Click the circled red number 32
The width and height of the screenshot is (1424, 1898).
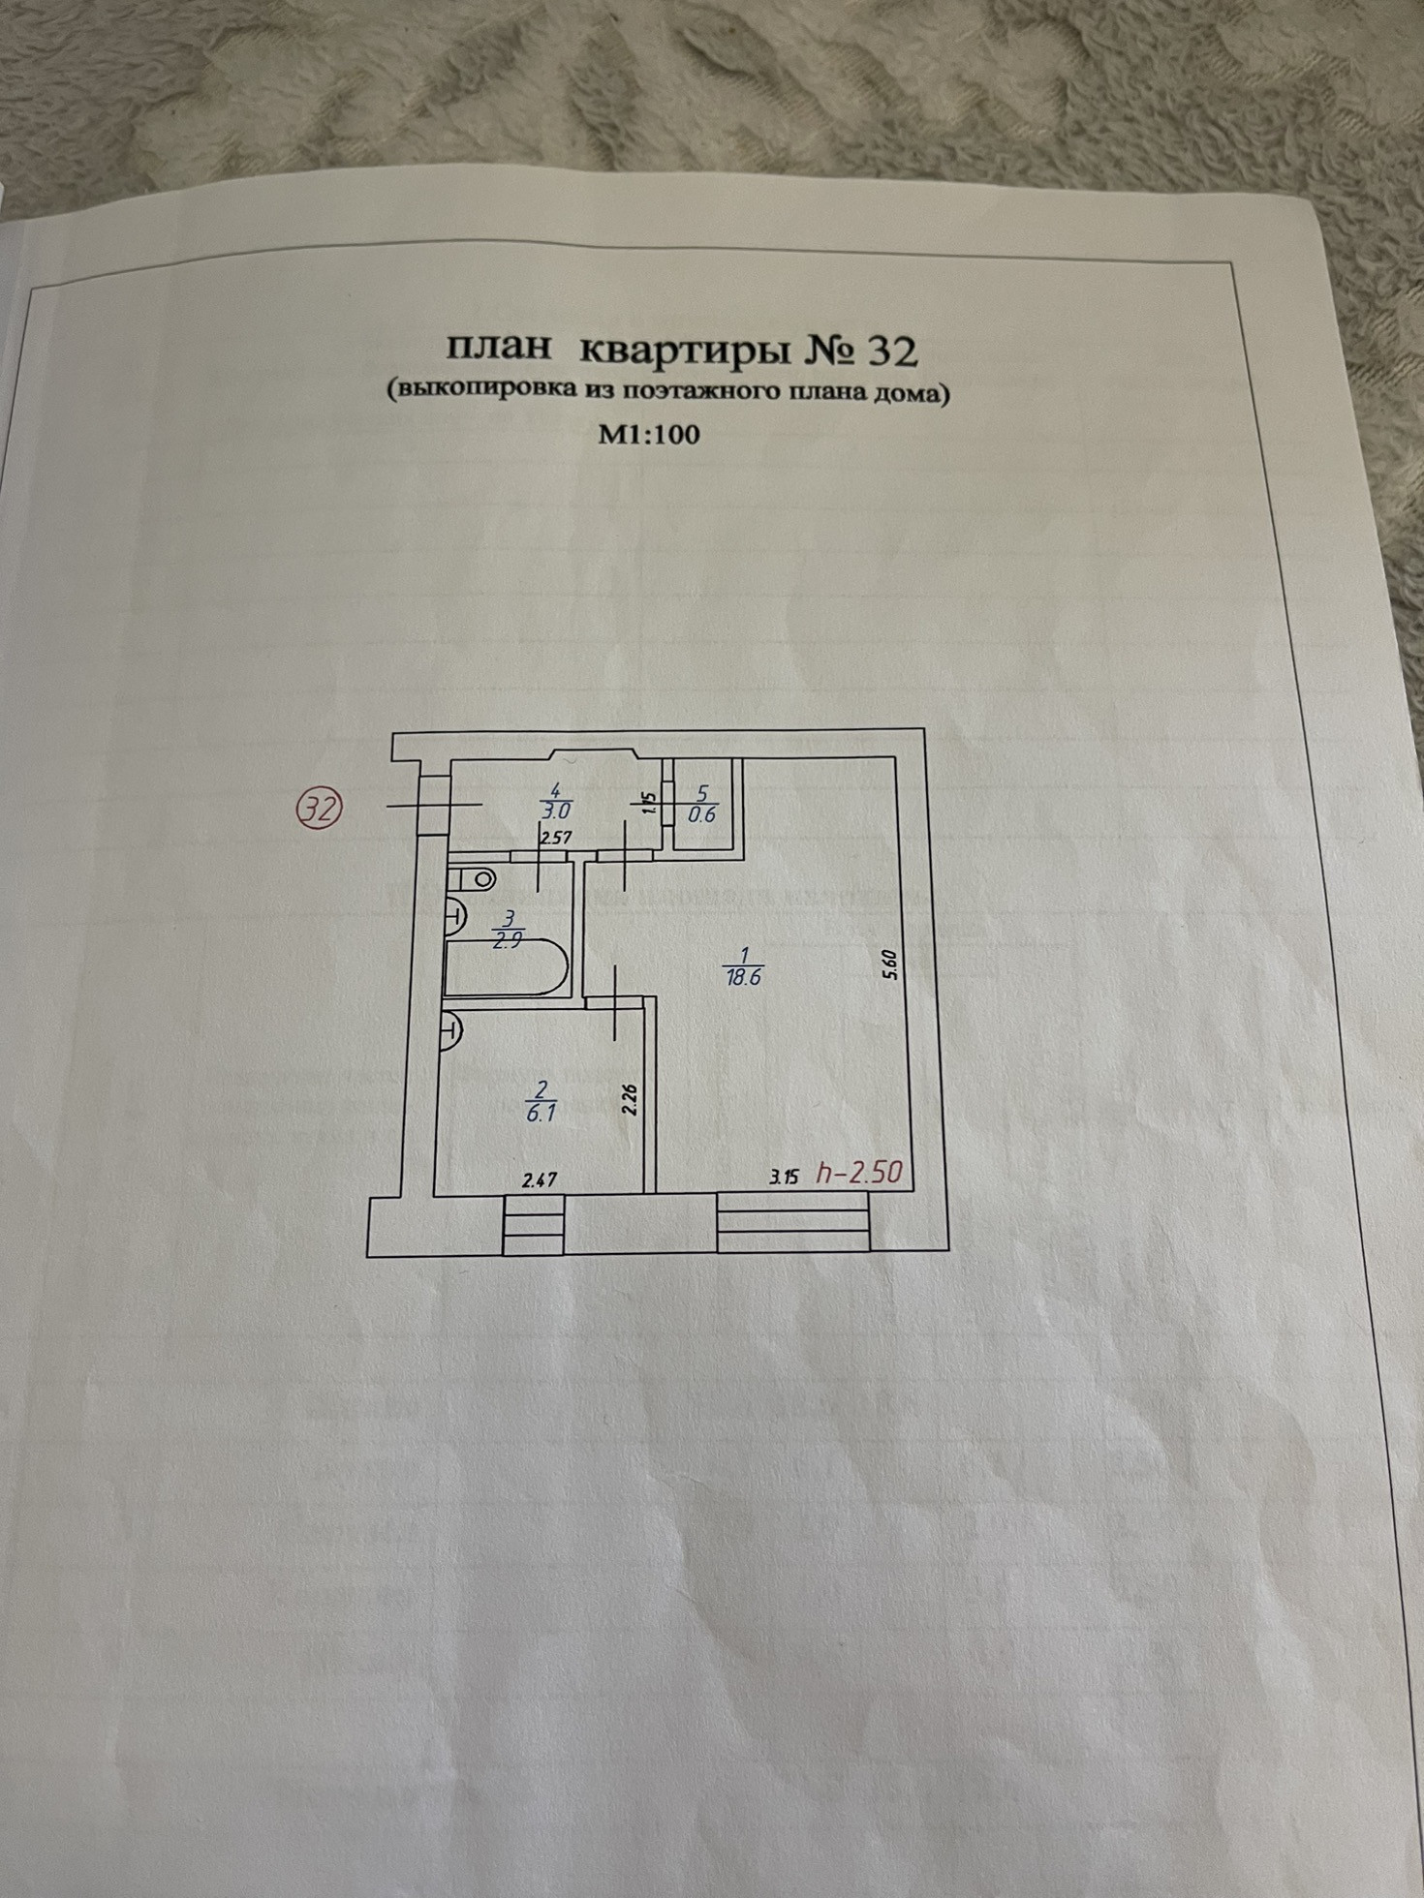pos(321,808)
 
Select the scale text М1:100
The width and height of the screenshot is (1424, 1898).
pos(648,434)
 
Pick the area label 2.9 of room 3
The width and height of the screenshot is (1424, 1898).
pos(508,941)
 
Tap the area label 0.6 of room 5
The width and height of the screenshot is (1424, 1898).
pos(701,814)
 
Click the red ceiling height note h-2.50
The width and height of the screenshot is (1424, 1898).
pos(859,1173)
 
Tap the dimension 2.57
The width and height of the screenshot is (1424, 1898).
pos(554,840)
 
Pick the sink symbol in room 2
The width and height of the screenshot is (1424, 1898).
pos(450,1030)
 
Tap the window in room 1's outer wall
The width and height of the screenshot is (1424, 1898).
pos(792,1224)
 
